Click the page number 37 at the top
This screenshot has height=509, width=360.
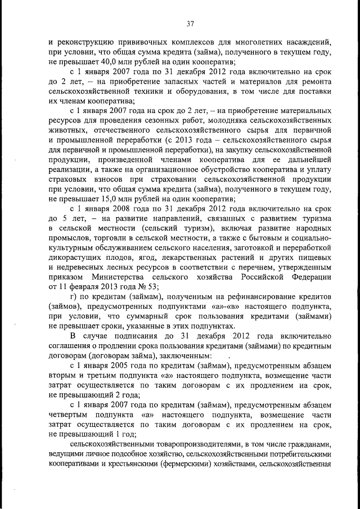[190, 23]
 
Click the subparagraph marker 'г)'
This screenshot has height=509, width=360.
[73, 299]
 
